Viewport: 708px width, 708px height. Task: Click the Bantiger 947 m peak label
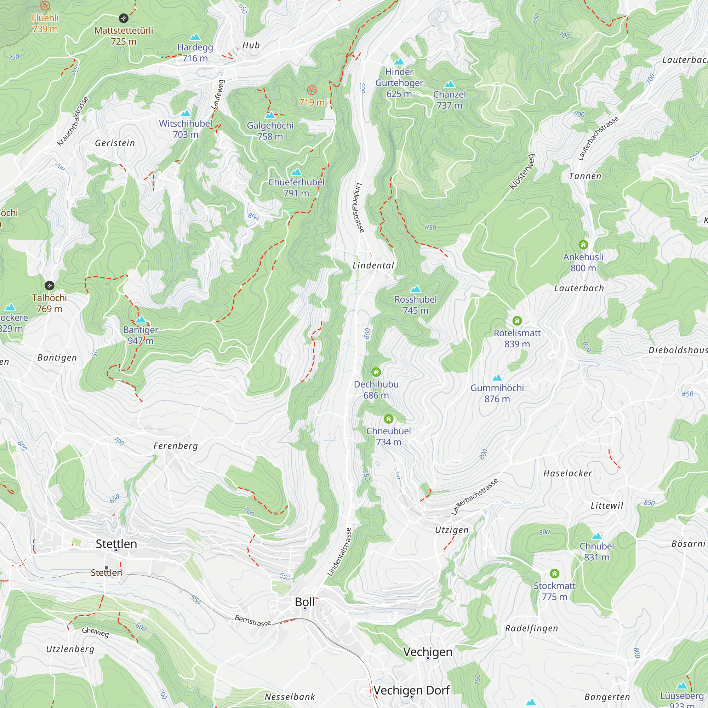pos(141,335)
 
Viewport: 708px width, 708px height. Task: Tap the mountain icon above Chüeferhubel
pos(296,172)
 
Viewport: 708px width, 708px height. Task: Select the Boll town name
pos(304,602)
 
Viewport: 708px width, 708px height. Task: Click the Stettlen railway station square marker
pos(106,568)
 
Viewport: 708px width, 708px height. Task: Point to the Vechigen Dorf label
pos(412,690)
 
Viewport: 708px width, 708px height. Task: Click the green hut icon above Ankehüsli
pos(583,244)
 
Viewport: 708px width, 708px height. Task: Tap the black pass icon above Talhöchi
pos(50,285)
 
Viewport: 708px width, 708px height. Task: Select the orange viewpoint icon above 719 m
pos(312,90)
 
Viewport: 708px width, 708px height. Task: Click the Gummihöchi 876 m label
pos(497,393)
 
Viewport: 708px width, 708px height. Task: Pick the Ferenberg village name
pos(176,446)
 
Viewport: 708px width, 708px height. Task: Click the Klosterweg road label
pos(522,172)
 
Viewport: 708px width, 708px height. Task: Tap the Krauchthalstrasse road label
pos(73,121)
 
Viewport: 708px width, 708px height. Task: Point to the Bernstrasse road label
pos(252,621)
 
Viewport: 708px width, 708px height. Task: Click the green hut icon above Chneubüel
pos(388,418)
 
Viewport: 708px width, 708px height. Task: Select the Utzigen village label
pos(451,530)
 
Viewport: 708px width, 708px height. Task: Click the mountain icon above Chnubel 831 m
pos(596,536)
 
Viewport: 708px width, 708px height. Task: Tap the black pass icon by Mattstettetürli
pos(124,18)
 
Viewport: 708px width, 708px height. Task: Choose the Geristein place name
pos(115,143)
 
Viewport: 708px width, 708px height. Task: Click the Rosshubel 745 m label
pos(415,305)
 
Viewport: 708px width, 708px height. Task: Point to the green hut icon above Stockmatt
pos(554,573)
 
